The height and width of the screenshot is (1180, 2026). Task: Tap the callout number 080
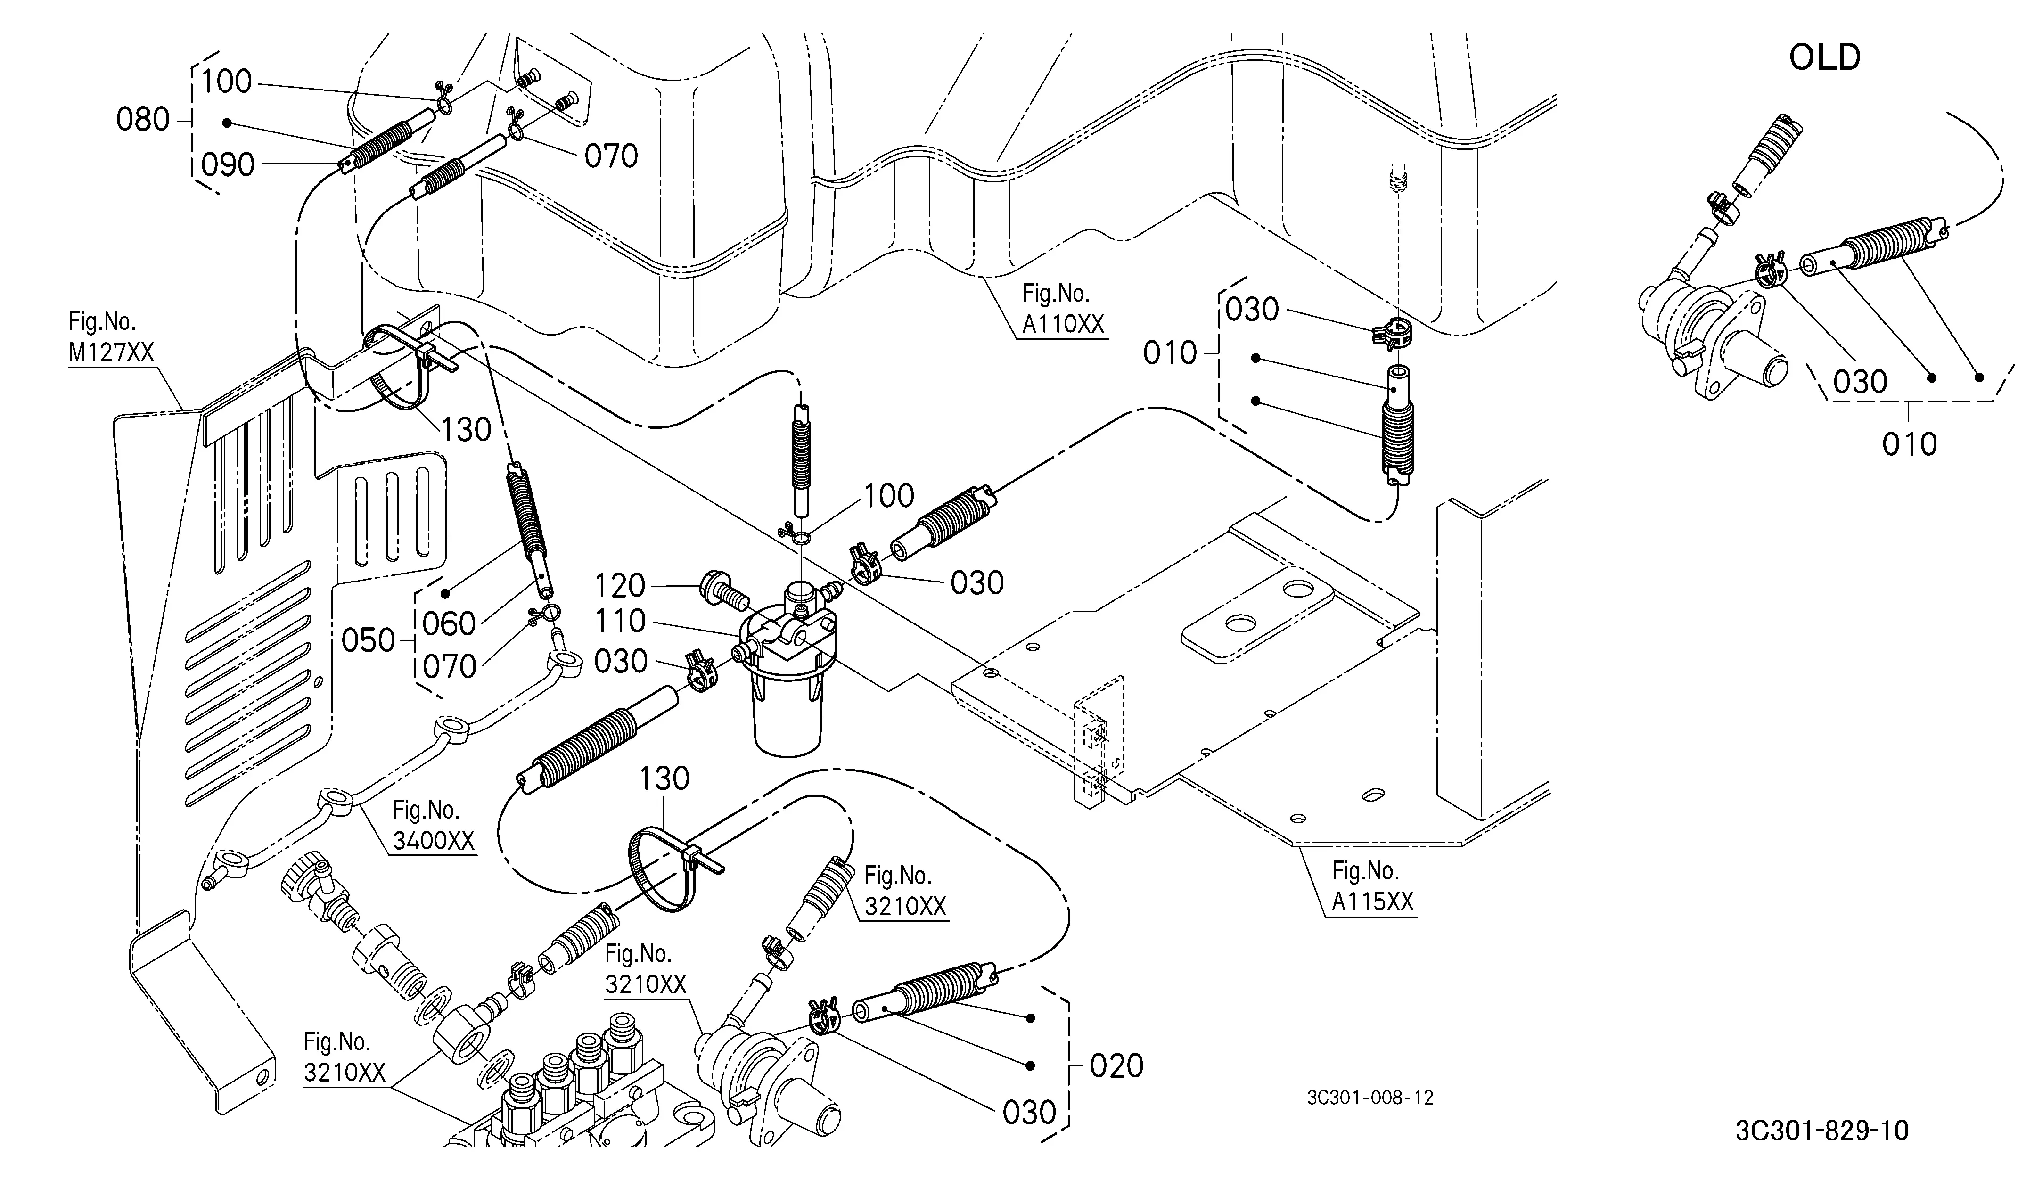pos(143,120)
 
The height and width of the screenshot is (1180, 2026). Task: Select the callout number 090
pos(228,165)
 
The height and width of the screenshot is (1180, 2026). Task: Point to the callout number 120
pos(620,586)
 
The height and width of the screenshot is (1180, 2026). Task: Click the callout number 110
pos(620,622)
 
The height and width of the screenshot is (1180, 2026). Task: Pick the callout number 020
pos(1117,1066)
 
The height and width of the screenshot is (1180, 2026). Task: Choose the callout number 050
pos(368,640)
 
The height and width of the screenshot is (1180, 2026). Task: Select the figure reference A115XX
pos(1372,902)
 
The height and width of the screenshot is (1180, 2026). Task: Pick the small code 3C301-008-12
pos(1370,1097)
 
